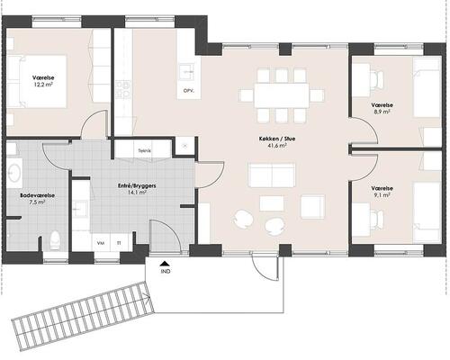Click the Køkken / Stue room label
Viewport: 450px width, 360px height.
pos(277,139)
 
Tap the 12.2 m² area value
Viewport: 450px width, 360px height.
pos(43,85)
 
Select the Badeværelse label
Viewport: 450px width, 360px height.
pos(37,195)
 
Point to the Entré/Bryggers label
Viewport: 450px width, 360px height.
pos(137,186)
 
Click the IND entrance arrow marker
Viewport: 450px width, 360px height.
pos(164,264)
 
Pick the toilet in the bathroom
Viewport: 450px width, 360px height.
pos(56,240)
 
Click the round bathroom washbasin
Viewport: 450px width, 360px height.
pos(14,174)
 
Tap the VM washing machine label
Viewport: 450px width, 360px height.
pos(101,243)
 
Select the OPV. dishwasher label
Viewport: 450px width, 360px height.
pos(188,90)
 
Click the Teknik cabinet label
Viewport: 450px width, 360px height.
pos(144,151)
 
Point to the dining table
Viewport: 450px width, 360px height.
pos(282,95)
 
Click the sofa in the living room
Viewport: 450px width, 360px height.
pos(272,175)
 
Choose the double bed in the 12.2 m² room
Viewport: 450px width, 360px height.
pos(36,81)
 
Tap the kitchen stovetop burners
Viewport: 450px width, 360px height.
pos(123,89)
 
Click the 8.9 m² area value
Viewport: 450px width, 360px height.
pos(382,112)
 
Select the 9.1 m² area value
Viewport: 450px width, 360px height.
pos(382,195)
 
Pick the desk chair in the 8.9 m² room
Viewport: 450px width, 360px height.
pos(377,79)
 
